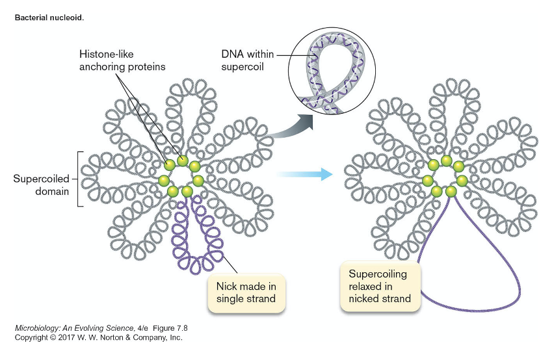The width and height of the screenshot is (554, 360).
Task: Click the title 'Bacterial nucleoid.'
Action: click(x=49, y=18)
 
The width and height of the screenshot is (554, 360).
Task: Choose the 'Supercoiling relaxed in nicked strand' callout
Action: click(x=380, y=286)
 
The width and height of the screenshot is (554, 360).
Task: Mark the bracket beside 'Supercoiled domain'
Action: click(x=79, y=179)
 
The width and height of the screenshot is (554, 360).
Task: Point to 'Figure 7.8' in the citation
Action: click(x=171, y=328)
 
